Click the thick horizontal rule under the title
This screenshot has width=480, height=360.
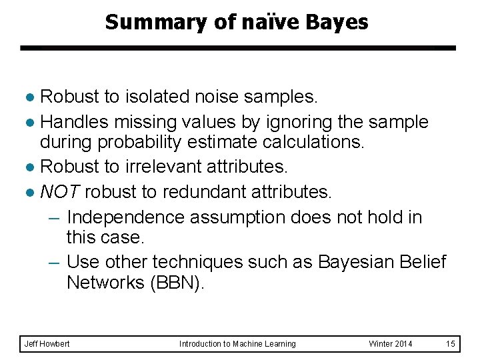(237, 48)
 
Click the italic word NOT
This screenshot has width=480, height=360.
(60, 192)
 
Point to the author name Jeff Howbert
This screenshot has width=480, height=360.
(47, 343)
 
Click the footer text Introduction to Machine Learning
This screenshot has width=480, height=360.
(237, 343)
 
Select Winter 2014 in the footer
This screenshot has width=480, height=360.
(391, 343)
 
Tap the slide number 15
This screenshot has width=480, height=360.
(451, 343)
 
